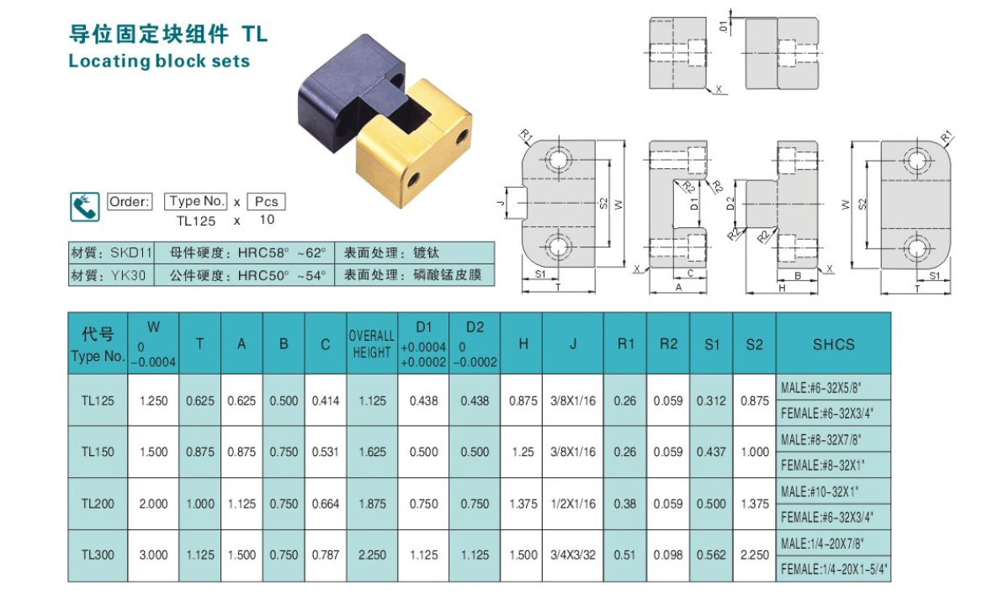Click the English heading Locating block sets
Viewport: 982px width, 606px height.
159,61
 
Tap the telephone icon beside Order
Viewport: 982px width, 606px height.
83,206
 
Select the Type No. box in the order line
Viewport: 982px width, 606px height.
196,201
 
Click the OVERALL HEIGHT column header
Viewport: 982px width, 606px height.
372,344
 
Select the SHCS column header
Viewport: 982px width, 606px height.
833,344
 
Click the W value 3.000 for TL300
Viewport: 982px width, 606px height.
153,555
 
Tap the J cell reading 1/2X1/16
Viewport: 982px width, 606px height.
573,504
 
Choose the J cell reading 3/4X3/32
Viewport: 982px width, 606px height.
573,555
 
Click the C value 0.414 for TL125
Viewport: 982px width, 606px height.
326,401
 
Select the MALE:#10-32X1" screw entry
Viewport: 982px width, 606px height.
819,491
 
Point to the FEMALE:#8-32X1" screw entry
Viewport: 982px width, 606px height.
824,465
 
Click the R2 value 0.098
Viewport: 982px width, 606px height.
668,555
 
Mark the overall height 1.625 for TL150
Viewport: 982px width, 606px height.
372,452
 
